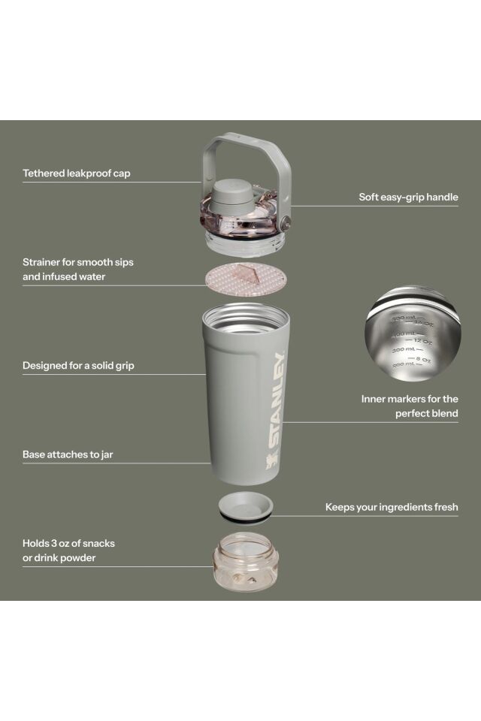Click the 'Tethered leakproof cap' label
[x=76, y=173]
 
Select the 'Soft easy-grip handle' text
[x=408, y=198]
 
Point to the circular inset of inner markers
[x=413, y=332]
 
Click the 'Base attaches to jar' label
[x=68, y=454]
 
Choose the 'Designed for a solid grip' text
[x=78, y=366]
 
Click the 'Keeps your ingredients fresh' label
[x=392, y=507]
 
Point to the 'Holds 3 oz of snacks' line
[x=68, y=543]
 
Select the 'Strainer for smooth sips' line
[x=78, y=262]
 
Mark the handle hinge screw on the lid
[x=286, y=222]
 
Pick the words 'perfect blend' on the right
[x=426, y=413]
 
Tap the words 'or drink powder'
[x=59, y=557]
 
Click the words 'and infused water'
[x=64, y=276]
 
